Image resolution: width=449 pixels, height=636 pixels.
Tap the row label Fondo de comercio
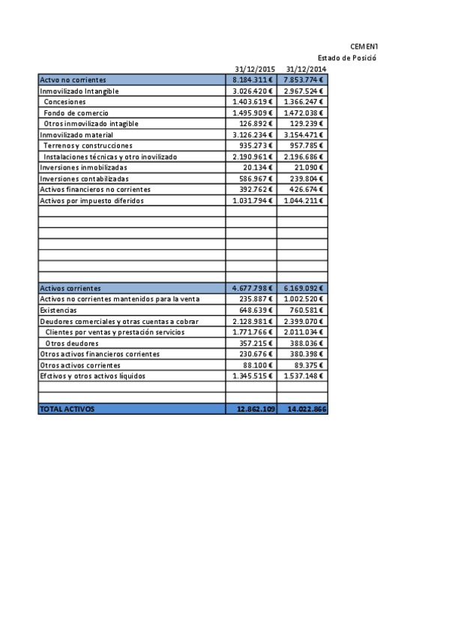[76, 112]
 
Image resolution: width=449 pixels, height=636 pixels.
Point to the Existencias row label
[58, 310]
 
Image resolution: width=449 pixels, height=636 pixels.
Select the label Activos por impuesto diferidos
[91, 201]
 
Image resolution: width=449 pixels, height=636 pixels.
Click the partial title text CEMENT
[364, 46]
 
